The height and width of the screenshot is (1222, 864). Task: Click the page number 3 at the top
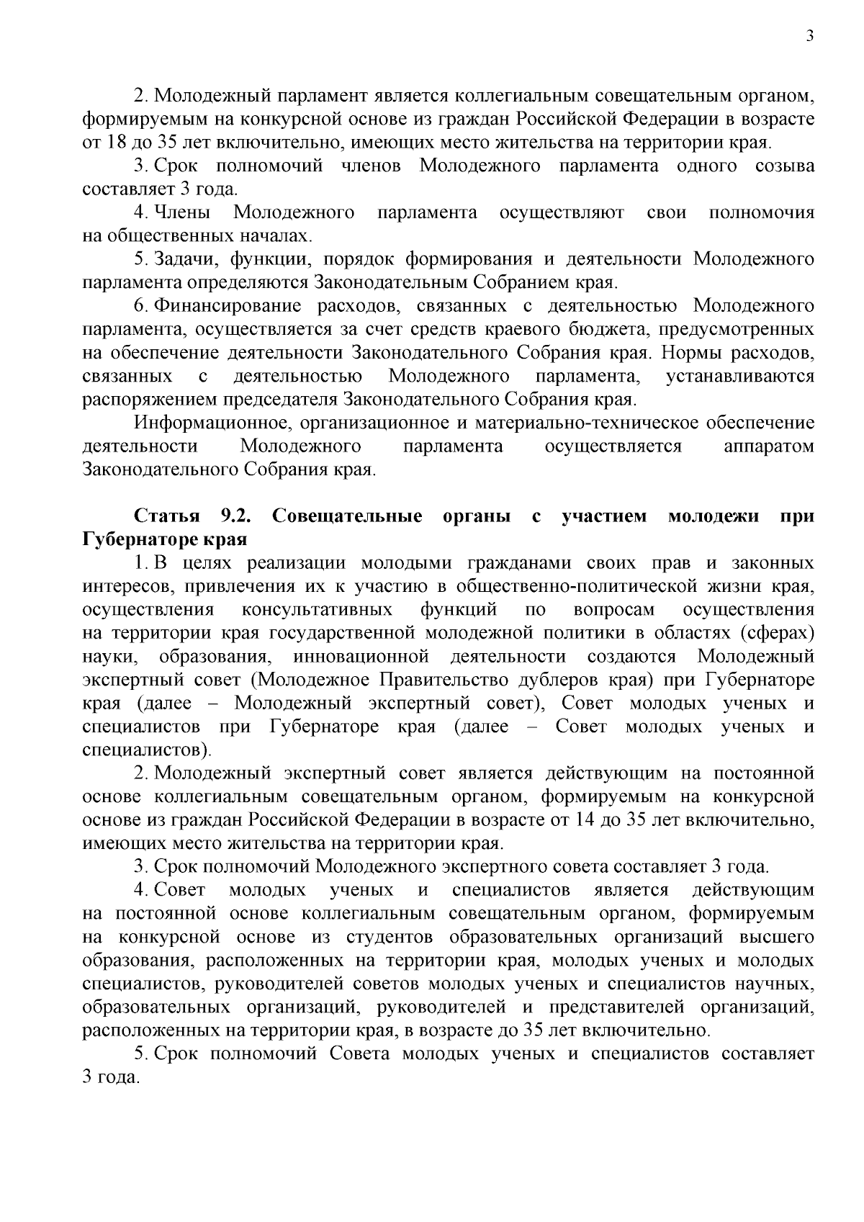[810, 37]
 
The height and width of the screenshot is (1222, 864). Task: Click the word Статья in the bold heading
[166, 516]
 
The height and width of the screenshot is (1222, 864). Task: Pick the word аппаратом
[768, 446]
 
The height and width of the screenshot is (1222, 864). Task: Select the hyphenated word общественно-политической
[549, 586]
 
